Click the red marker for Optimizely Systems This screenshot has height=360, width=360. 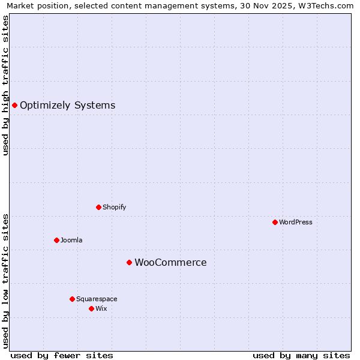14,106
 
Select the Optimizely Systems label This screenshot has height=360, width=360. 67,106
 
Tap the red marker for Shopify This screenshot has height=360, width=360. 98,207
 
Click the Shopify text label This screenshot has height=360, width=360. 114,207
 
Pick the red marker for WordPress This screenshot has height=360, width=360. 275,222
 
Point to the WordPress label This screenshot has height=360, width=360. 295,222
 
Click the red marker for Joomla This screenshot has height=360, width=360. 56,240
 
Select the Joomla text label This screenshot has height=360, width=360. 71,240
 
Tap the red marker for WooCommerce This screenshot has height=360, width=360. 129,262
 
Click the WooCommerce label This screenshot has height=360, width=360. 170,262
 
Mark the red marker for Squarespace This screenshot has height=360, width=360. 72,299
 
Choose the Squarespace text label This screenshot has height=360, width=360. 97,299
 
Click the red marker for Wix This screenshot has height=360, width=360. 91,308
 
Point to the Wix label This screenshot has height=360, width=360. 101,308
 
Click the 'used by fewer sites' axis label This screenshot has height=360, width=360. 62,355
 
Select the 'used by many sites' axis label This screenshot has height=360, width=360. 301,355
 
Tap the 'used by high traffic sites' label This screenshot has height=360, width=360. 5,85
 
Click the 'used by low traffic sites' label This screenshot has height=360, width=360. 5,280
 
